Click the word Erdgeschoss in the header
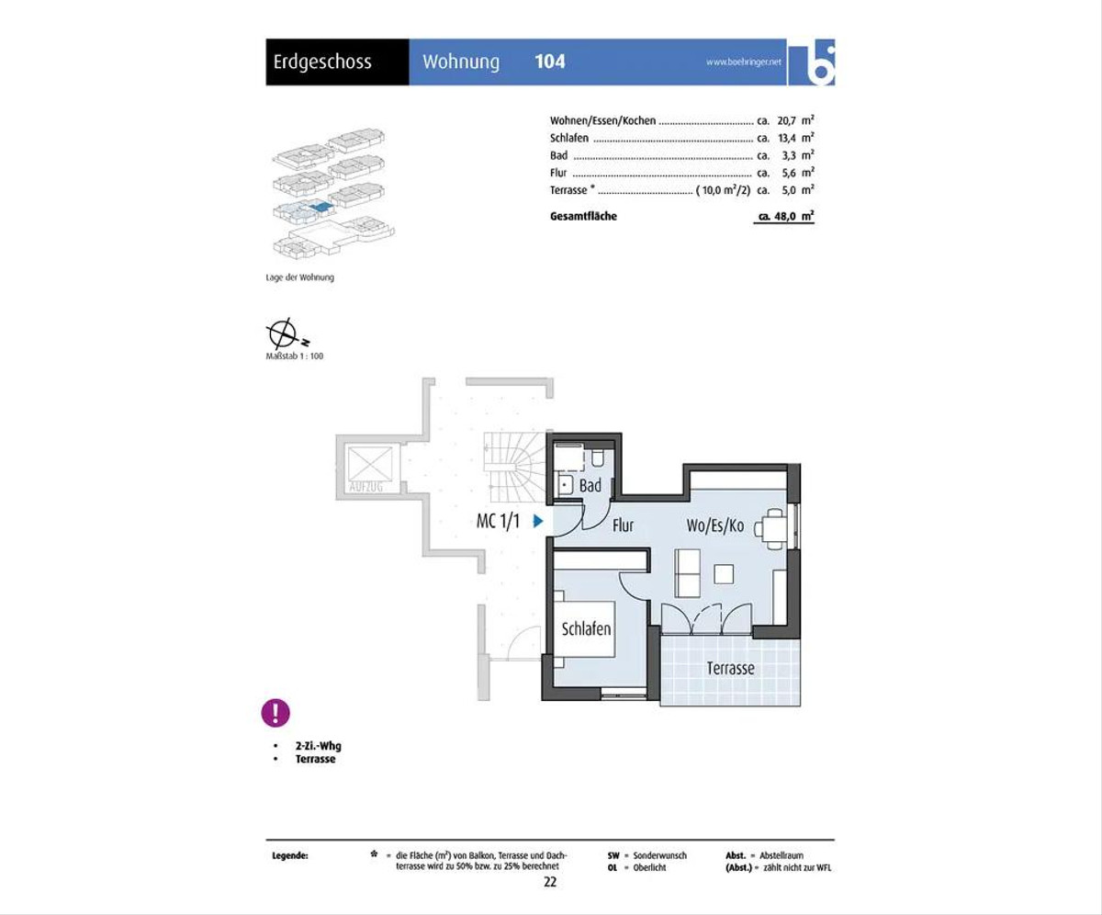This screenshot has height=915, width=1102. (x=322, y=62)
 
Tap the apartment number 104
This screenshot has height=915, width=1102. (x=550, y=62)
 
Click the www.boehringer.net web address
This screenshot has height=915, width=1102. (x=744, y=62)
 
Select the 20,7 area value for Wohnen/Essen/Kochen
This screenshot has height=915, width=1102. (x=786, y=120)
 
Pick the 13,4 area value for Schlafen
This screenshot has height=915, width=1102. (x=787, y=138)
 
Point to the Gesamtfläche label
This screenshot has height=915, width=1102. (x=583, y=216)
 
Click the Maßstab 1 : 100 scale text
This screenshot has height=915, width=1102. (x=295, y=356)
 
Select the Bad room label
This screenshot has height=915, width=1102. (x=590, y=485)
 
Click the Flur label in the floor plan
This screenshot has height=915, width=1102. (x=623, y=525)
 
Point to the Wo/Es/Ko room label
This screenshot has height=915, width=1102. (x=715, y=525)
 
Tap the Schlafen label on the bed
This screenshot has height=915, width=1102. (x=586, y=628)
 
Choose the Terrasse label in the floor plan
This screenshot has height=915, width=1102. (x=730, y=669)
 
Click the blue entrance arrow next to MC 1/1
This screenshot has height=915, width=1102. (x=538, y=521)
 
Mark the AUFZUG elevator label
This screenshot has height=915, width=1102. (x=365, y=487)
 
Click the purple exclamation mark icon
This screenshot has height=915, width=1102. (x=275, y=713)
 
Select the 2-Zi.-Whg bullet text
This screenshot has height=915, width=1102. (x=319, y=746)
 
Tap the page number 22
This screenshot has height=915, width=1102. (x=550, y=882)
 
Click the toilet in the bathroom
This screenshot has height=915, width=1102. (x=598, y=457)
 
